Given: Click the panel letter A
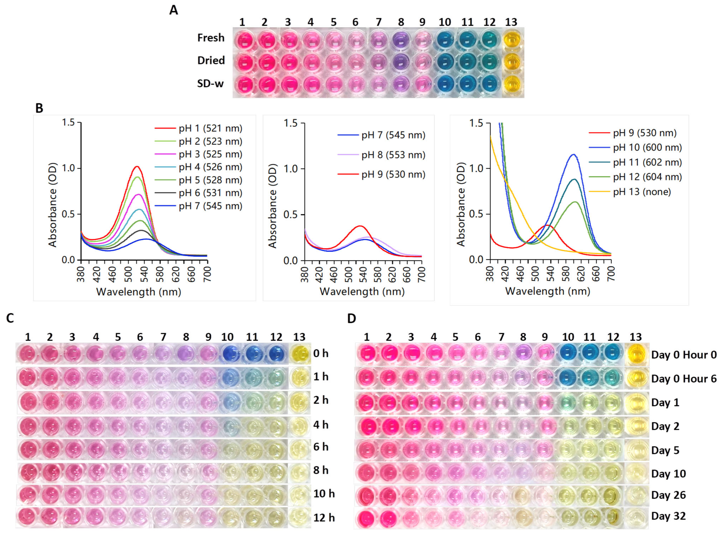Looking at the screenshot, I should (174, 10).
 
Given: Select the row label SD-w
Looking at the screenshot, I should (210, 84).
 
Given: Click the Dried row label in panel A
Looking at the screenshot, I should (211, 61).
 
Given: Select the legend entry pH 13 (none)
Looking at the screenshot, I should (642, 192).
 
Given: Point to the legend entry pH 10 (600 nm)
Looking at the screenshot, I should (647, 148).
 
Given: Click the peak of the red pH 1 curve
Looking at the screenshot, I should (137, 166).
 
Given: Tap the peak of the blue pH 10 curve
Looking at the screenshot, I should (574, 154).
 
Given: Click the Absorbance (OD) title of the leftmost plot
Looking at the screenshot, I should (52, 205).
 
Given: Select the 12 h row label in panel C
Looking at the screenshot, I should (324, 517).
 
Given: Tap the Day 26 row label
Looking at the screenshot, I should (668, 495).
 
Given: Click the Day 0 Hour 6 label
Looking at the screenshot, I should (684, 379).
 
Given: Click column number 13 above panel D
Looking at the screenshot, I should (636, 337).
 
